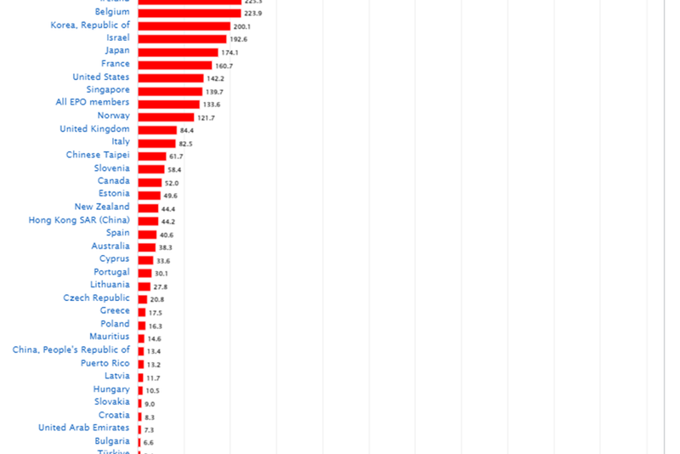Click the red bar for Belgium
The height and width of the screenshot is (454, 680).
[190, 13]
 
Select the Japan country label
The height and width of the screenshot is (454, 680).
[117, 51]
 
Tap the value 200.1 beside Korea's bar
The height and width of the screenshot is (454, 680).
[241, 26]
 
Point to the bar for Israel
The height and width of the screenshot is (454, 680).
[182, 39]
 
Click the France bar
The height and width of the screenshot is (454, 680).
[175, 65]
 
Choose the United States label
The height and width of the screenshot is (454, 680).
[101, 77]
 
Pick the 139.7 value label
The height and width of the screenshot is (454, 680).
[214, 91]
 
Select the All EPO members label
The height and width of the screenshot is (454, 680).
[93, 103]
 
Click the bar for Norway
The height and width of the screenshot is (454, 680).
[166, 116]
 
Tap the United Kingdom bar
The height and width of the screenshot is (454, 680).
[157, 130]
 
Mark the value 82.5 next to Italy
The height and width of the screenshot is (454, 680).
[185, 144]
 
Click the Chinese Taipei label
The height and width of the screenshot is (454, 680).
[98, 155]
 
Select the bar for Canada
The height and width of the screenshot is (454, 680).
[150, 182]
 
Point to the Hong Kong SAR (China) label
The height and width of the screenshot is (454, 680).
[79, 220]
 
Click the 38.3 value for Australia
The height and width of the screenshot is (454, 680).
[166, 247]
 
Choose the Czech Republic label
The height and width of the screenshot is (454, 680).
[96, 298]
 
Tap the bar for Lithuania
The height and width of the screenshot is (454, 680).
[144, 287]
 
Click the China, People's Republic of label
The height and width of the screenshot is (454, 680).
[71, 350]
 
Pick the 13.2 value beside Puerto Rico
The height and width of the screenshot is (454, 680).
[154, 365]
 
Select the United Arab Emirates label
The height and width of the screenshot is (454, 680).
[84, 428]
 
